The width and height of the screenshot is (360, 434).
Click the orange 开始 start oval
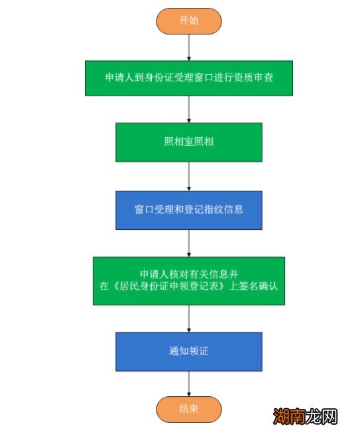click(x=189, y=21)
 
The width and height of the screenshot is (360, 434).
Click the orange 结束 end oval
click(x=189, y=408)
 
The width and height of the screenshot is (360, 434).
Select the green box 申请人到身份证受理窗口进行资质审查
click(x=189, y=78)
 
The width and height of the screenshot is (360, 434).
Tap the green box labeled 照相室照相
click(x=189, y=142)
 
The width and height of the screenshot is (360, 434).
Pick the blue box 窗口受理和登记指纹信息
click(x=189, y=210)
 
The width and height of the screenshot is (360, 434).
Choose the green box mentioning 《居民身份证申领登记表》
click(x=189, y=281)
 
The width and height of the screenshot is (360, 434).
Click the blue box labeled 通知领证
click(x=189, y=351)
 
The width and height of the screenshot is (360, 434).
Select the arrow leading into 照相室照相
click(x=189, y=109)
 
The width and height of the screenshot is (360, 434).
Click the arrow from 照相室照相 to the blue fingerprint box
click(x=189, y=176)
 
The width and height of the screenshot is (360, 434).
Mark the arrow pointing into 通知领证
click(x=189, y=318)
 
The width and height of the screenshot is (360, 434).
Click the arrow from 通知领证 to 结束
click(x=189, y=383)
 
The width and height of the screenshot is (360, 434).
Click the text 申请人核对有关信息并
click(x=189, y=274)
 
